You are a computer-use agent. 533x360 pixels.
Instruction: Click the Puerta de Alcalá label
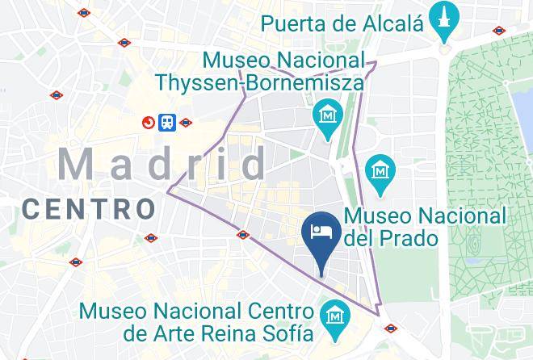click(342, 23)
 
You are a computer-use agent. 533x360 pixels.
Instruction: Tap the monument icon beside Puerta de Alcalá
click(443, 22)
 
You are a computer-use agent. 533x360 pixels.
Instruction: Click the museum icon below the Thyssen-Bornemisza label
click(328, 116)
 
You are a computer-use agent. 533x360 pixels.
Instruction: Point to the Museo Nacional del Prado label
click(425, 227)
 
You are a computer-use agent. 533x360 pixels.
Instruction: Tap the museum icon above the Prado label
click(378, 170)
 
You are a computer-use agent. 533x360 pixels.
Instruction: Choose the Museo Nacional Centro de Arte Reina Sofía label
click(196, 321)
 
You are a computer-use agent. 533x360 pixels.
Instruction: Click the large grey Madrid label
click(162, 165)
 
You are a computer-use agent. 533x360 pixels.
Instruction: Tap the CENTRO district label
click(89, 209)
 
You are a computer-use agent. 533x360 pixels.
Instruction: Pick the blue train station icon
click(168, 122)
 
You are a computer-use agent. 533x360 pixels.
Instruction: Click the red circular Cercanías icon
click(149, 123)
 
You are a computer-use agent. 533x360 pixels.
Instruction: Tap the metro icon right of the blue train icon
click(187, 123)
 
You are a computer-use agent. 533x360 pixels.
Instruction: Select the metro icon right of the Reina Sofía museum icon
click(391, 329)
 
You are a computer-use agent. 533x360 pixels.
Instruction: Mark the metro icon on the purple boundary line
click(243, 235)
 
